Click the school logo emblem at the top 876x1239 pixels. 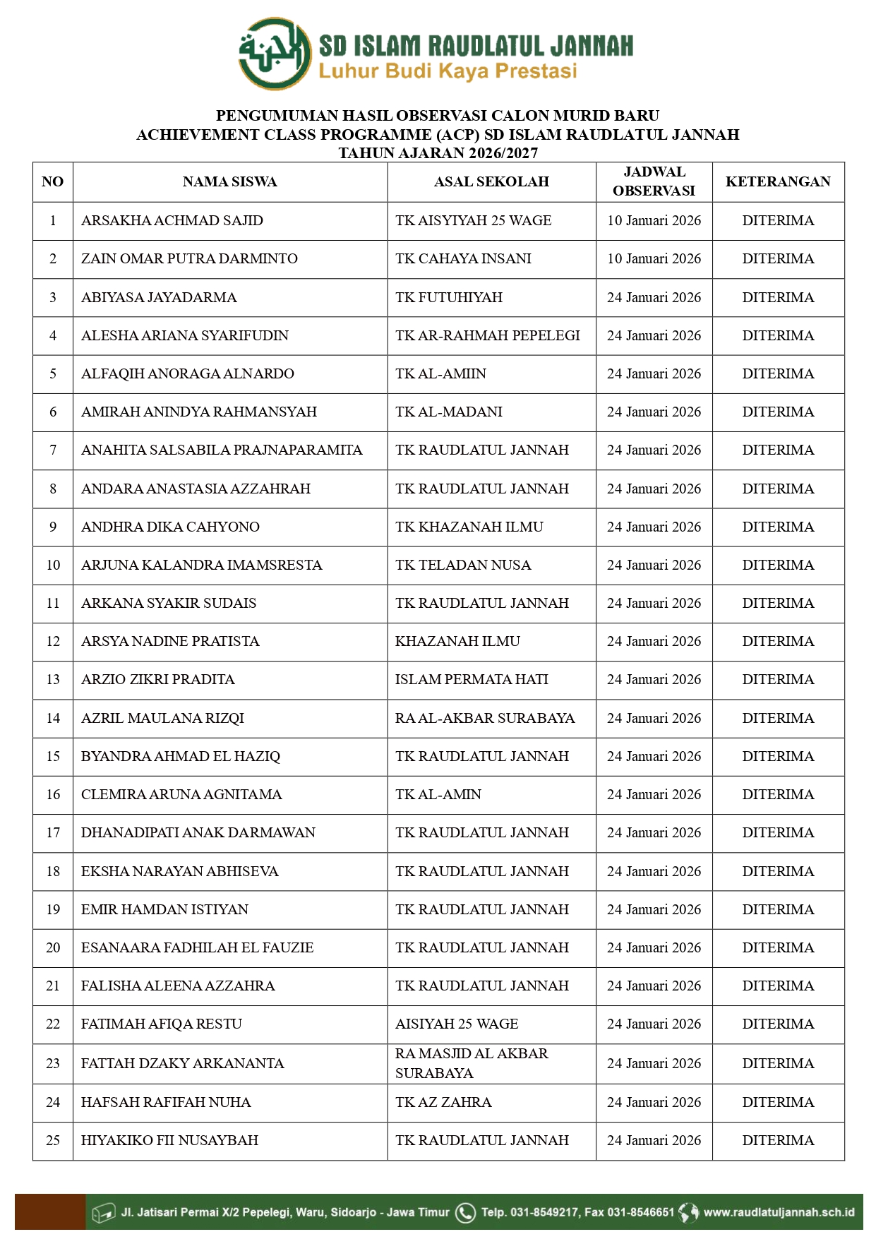click(x=275, y=54)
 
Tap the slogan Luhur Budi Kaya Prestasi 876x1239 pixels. click(x=448, y=71)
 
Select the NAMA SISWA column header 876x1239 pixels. click(x=229, y=182)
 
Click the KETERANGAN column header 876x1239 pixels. click(x=778, y=182)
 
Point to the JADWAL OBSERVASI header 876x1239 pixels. click(x=654, y=181)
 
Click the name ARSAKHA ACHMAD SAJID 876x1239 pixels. click(x=172, y=221)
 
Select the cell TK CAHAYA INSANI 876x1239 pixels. click(x=463, y=259)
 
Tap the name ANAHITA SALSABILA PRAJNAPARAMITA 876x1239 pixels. click(x=222, y=450)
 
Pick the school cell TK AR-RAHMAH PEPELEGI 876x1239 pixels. click(x=487, y=336)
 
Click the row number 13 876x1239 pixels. click(x=53, y=680)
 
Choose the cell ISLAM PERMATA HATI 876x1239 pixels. click(x=472, y=680)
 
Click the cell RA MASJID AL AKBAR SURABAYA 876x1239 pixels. click(x=472, y=1063)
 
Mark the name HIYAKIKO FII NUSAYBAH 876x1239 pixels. click(x=169, y=1141)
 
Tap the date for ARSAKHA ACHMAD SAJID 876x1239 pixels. click(x=654, y=221)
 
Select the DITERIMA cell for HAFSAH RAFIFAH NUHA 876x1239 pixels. click(x=778, y=1103)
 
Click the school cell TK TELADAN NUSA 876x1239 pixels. click(x=463, y=565)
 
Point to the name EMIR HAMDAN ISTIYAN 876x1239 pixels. click(x=164, y=910)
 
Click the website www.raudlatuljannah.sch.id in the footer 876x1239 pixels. click(x=779, y=1212)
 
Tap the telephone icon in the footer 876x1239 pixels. click(x=465, y=1212)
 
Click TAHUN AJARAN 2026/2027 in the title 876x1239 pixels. click(x=438, y=153)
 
